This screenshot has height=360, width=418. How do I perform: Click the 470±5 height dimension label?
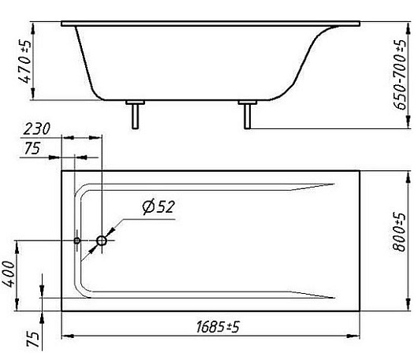(x=24, y=61)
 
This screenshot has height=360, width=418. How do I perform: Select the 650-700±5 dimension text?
(x=400, y=75)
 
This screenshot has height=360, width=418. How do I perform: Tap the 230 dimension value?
(x=36, y=129)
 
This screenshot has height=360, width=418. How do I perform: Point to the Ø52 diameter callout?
(x=159, y=207)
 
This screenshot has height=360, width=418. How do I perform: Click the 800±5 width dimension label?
(x=400, y=232)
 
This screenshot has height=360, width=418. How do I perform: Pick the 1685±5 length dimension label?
(x=218, y=326)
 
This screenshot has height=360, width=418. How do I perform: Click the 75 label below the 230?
(x=32, y=148)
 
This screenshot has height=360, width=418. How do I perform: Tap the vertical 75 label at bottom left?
(x=33, y=340)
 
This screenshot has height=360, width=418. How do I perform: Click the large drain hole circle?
(x=102, y=241)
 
